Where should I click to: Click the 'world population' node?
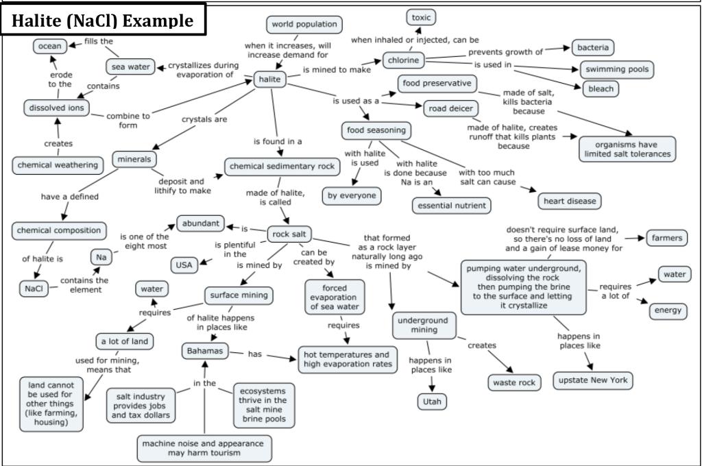(304, 25)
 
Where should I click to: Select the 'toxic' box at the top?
(421, 17)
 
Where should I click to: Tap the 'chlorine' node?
(403, 60)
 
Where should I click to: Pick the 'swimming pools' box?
(616, 70)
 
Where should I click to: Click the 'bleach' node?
(601, 89)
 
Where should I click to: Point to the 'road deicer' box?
(450, 108)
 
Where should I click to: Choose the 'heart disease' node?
(570, 201)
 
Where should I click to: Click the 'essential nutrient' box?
(452, 205)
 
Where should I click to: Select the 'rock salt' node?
(289, 234)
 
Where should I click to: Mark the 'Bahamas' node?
(204, 352)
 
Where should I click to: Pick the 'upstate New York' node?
(594, 380)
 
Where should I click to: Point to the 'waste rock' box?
(513, 382)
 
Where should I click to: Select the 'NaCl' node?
(34, 289)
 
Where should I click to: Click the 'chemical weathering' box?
(58, 165)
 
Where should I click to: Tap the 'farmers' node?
(666, 238)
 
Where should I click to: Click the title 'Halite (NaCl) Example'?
(104, 21)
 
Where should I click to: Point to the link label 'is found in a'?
(278, 142)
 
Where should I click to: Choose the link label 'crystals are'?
(204, 119)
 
